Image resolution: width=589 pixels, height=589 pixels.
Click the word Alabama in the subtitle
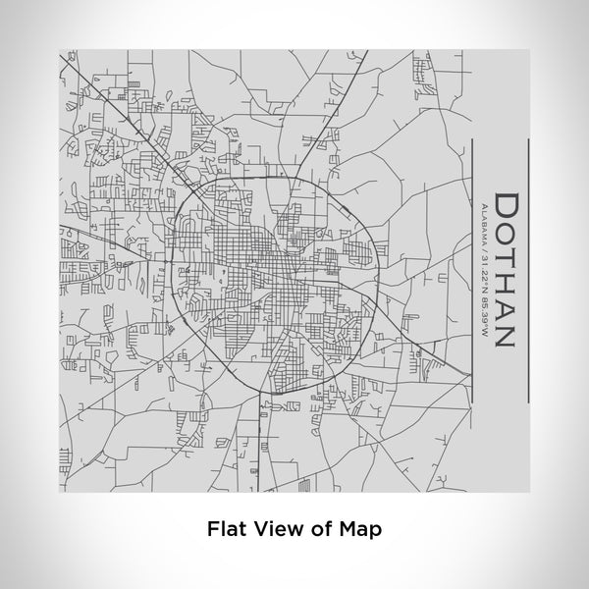[482, 222]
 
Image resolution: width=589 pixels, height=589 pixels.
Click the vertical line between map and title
[471, 270]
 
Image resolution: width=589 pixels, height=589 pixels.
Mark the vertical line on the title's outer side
[528, 270]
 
